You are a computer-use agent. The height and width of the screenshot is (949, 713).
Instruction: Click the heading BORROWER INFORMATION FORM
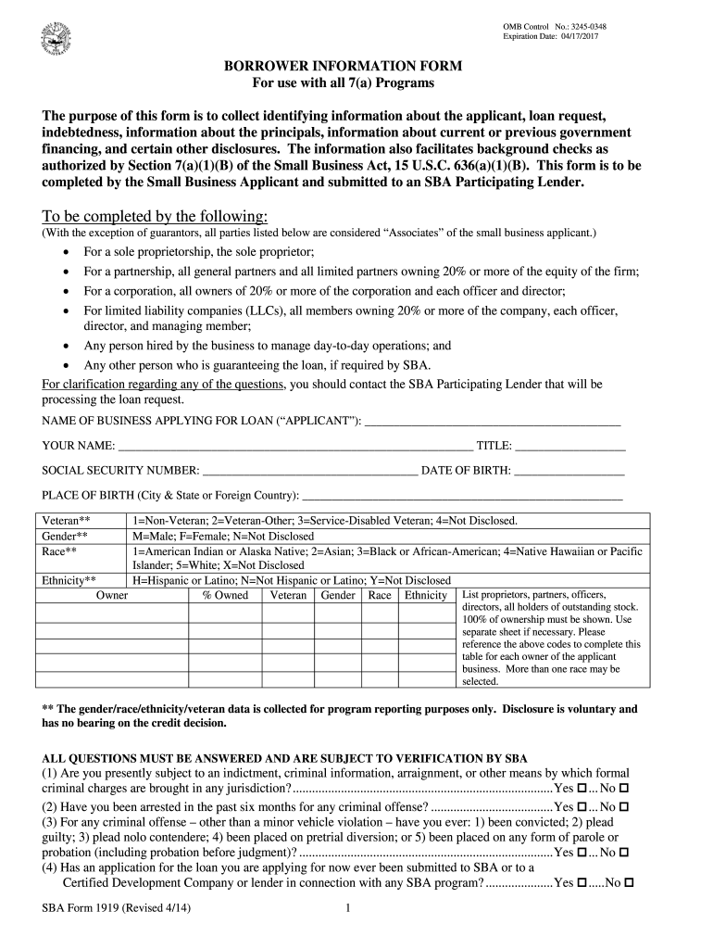pyautogui.click(x=344, y=68)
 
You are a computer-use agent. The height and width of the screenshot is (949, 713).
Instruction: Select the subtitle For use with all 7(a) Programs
pyautogui.click(x=344, y=83)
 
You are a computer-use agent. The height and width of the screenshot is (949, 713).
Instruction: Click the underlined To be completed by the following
pyautogui.click(x=156, y=216)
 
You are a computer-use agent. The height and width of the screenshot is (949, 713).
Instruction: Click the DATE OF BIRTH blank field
pyautogui.click(x=569, y=471)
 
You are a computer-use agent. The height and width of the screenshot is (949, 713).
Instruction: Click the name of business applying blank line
pyautogui.click(x=493, y=422)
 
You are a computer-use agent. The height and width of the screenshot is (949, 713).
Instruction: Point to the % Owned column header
pyautogui.click(x=225, y=595)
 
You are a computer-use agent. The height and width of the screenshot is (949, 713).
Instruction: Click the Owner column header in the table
pyautogui.click(x=112, y=595)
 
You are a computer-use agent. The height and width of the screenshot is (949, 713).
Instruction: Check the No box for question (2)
pyautogui.click(x=625, y=807)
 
